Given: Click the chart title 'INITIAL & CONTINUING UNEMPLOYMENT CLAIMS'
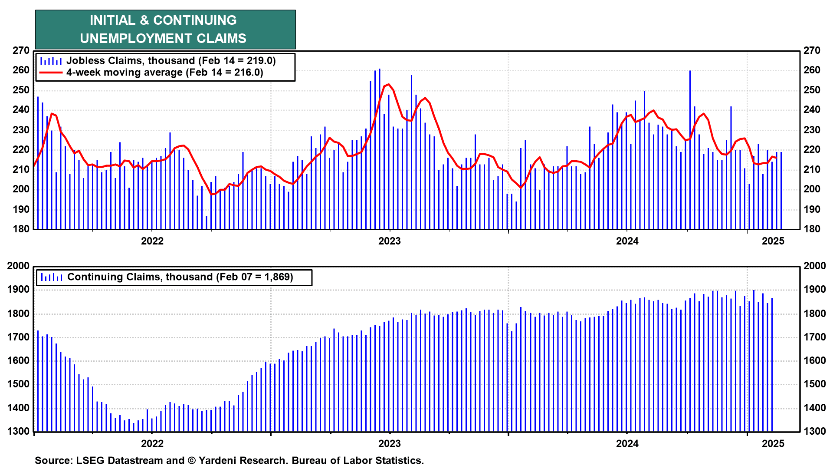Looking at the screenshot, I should click(x=165, y=30).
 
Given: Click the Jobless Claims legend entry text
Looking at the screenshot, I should click(x=171, y=61).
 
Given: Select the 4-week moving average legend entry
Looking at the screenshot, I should click(x=164, y=73).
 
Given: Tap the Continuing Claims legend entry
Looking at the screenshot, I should click(x=180, y=277).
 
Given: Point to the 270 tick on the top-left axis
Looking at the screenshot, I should click(x=21, y=51).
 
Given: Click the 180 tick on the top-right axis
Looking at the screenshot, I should click(x=812, y=229).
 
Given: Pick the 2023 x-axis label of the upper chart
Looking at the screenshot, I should click(x=389, y=241).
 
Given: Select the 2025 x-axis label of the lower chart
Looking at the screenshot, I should click(x=773, y=444).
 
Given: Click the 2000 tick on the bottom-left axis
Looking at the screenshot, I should click(x=18, y=266).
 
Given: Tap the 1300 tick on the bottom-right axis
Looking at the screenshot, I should click(x=814, y=432).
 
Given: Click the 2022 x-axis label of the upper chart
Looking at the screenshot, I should click(x=152, y=241).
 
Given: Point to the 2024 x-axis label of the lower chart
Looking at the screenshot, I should click(x=627, y=444).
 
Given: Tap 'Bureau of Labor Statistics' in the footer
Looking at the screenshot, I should click(x=357, y=461).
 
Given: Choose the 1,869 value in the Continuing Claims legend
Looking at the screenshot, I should click(x=276, y=277).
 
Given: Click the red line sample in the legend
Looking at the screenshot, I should click(x=51, y=73).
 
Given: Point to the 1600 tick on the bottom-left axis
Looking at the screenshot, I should click(x=18, y=361).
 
